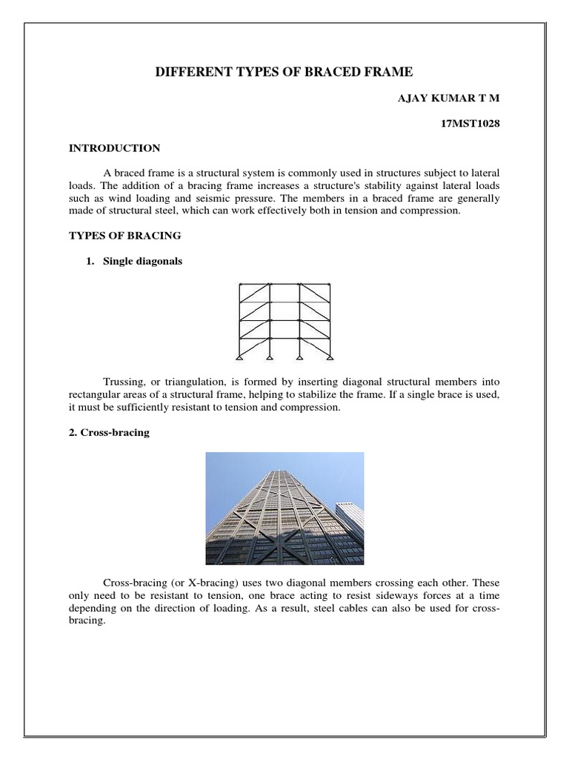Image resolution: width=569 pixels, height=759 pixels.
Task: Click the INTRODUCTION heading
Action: point(114,148)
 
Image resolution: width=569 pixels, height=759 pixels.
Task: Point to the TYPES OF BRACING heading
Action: point(124,236)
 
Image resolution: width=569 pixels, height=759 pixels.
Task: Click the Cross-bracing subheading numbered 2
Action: point(109,432)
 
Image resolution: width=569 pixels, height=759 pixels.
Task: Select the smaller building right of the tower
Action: point(349,526)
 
